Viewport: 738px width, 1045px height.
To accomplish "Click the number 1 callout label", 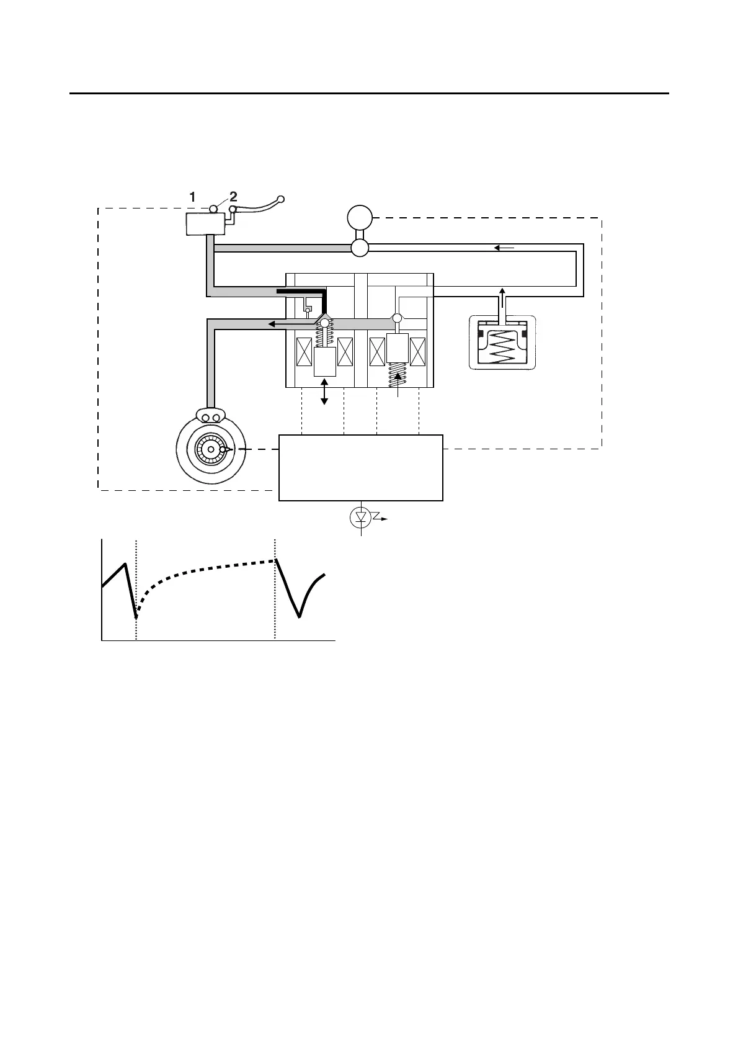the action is click(x=193, y=197).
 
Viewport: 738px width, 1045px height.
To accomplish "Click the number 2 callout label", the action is click(x=233, y=197).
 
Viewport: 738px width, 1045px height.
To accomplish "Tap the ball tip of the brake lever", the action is click(x=280, y=199).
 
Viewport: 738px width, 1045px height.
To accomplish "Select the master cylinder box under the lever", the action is click(x=205, y=223).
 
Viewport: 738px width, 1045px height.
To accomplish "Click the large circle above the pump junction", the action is click(x=359, y=218).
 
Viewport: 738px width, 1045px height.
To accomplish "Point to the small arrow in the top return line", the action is click(x=504, y=248).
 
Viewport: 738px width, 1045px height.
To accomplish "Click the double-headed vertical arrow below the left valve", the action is click(x=324, y=393).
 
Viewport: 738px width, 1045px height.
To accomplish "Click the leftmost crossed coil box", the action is click(x=304, y=352).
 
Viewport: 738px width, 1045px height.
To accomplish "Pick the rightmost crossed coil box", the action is click(x=418, y=352).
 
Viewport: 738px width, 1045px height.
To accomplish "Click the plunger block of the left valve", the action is click(x=325, y=361).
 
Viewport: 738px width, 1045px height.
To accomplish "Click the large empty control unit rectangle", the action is click(x=361, y=467).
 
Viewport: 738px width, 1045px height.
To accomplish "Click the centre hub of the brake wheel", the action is click(x=211, y=449).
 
